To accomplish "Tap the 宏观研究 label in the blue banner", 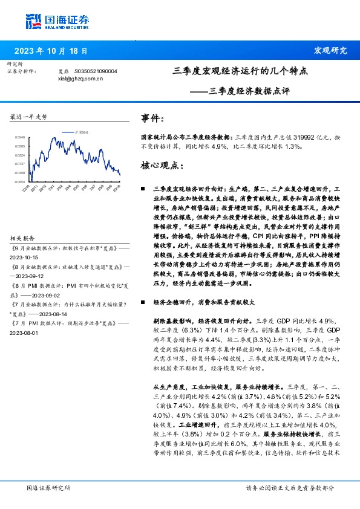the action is (331, 51).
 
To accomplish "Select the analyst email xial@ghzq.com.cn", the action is (80, 78).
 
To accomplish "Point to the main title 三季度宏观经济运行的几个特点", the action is (240, 71).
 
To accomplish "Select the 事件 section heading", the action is (152, 118).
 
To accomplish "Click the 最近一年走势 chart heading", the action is (29, 116).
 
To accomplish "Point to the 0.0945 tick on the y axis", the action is (20, 138).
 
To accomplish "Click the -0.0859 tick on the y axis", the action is (20, 181).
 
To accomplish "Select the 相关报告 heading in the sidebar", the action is (23, 238).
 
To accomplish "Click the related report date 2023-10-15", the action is (24, 256).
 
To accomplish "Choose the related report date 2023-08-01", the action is (24, 332).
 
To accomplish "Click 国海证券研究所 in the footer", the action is (49, 487).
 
